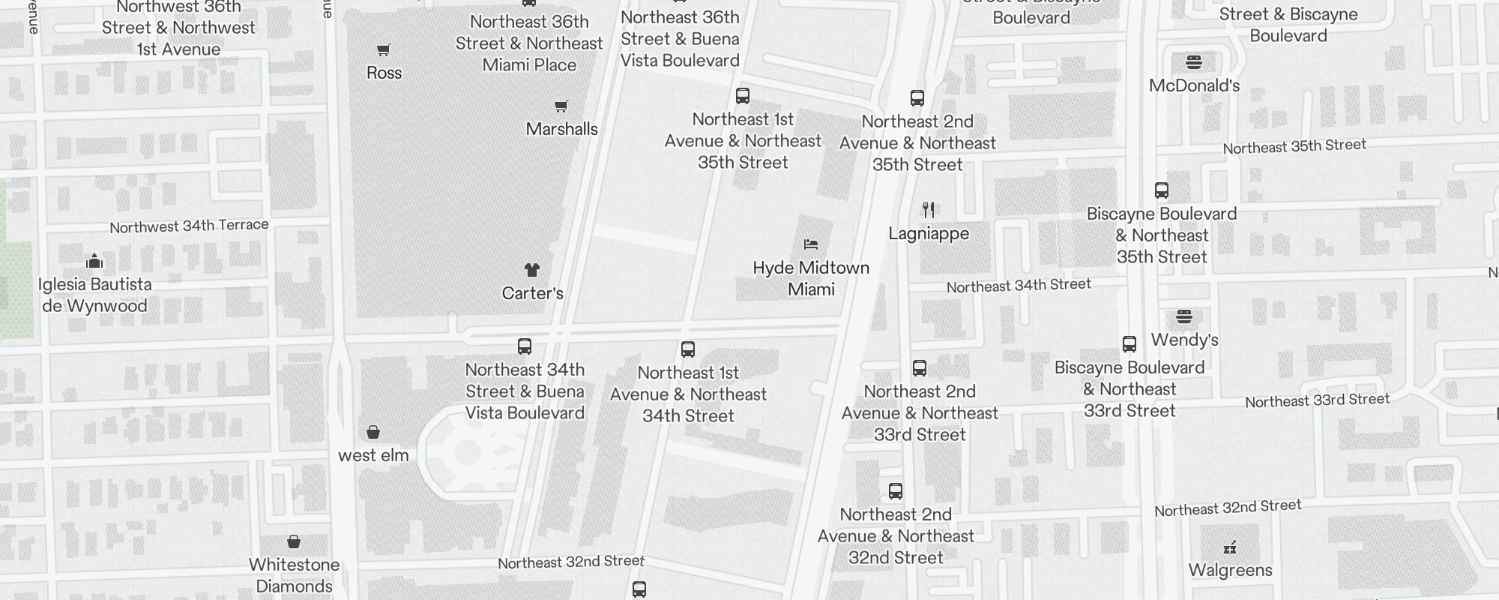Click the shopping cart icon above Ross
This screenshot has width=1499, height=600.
(384, 50)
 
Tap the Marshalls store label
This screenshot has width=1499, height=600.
(561, 129)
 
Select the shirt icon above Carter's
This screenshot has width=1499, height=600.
(532, 270)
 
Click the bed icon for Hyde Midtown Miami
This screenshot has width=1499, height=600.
(811, 244)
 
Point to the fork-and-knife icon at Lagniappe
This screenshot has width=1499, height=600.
(929, 210)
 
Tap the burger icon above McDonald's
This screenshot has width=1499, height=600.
(1194, 62)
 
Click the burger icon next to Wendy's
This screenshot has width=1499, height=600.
(1184, 316)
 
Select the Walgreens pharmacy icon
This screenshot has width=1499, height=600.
(1230, 547)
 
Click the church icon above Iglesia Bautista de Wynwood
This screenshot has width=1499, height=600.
(94, 261)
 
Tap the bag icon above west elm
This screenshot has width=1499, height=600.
(373, 432)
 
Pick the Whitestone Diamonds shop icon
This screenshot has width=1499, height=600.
(294, 541)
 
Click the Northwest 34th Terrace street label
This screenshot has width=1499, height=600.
(189, 226)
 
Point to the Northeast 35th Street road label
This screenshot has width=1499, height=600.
(1294, 146)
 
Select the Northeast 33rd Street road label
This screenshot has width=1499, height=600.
(1317, 400)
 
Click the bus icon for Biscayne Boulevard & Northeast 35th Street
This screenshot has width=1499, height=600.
(1162, 190)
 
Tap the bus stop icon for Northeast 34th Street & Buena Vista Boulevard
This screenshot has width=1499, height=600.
(525, 346)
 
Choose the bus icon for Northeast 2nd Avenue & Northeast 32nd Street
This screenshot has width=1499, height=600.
(896, 491)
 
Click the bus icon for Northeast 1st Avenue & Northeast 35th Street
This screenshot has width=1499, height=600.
(743, 96)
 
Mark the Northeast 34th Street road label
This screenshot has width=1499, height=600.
(1019, 286)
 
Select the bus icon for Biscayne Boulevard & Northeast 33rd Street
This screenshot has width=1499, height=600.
(1129, 344)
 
